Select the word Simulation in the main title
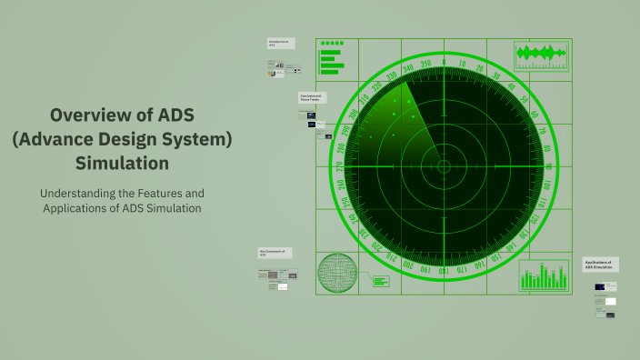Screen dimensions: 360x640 pyautogui.click(x=123, y=164)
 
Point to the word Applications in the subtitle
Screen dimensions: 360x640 pyautogui.click(x=84, y=208)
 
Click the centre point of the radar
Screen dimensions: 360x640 pyautogui.click(x=444, y=166)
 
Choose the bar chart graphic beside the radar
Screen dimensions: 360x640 pyautogui.click(x=544, y=276)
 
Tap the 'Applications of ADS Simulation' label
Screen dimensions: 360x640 pyautogui.click(x=601, y=265)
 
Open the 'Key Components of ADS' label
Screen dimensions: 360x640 pyautogui.click(x=275, y=253)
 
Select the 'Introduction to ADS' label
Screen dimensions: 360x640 pyautogui.click(x=280, y=43)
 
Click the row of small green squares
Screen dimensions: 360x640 pyautogui.click(x=332, y=43)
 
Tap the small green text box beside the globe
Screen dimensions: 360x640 pyautogui.click(x=380, y=281)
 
